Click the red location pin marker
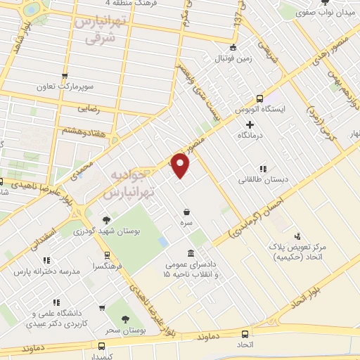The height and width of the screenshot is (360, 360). pyautogui.click(x=181, y=165)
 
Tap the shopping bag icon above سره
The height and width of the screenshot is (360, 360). pyautogui.click(x=186, y=212)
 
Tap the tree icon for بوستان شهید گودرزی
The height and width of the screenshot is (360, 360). pyautogui.click(x=106, y=219)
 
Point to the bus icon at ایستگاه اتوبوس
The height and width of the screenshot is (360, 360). pyautogui.click(x=259, y=98)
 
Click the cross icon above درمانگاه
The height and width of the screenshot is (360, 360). pyautogui.click(x=249, y=124)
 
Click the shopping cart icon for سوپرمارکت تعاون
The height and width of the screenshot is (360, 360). pyautogui.click(x=65, y=77)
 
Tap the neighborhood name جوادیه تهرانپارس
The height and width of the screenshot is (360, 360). pyautogui.click(x=127, y=181)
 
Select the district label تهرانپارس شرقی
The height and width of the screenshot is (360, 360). pyautogui.click(x=100, y=31)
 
